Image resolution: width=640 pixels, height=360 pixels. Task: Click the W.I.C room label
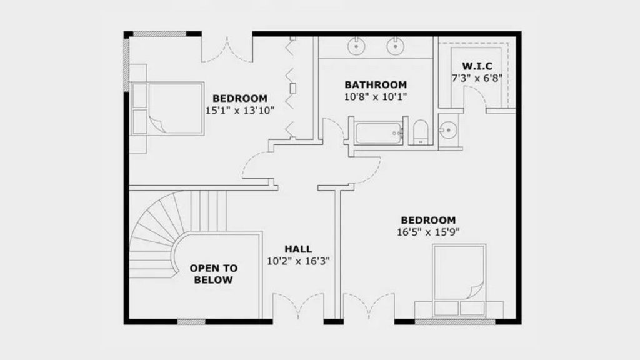pos(477,66)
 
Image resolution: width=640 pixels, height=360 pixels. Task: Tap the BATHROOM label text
pos(376,85)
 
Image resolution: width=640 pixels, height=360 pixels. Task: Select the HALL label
pos(298,249)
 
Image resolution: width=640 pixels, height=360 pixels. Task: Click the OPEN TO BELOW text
pos(214,274)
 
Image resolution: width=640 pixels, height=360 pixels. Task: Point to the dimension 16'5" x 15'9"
pos(428,232)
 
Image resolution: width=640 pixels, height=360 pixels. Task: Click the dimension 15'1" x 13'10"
pos(239,110)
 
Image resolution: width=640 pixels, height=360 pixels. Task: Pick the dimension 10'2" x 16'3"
pos(298,261)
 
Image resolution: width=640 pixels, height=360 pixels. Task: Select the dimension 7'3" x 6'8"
pos(477,78)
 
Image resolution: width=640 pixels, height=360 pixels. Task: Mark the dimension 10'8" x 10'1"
pos(376,97)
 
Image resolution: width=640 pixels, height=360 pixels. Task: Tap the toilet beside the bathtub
pos(421,132)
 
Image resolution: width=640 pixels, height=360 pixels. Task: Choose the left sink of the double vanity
pos(357,46)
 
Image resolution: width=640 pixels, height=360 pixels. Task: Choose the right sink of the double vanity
pos(395,46)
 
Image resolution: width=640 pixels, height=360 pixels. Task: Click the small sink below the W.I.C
pos(447,130)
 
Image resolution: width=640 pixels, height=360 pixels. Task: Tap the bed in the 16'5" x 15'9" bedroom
pos(459,281)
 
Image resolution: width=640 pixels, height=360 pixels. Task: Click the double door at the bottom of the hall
pos(298,306)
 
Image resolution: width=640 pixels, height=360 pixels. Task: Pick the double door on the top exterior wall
pos(227,49)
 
